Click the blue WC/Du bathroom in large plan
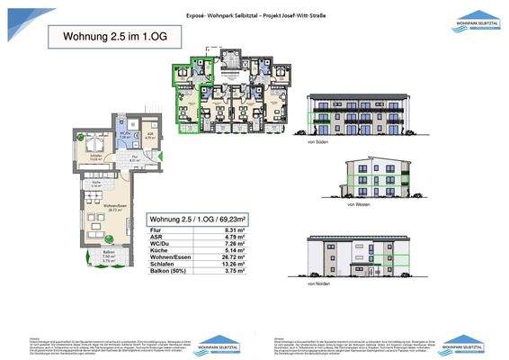click(x=125, y=136)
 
